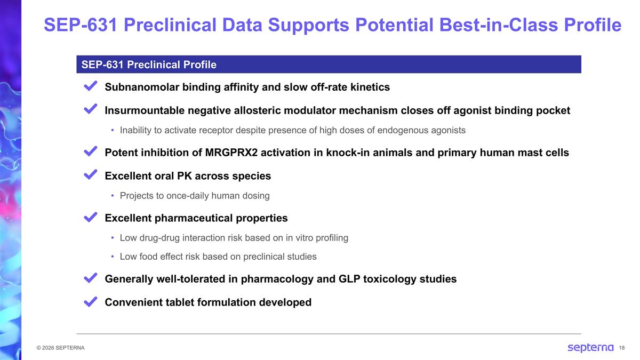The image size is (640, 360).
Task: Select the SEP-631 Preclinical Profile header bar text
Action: (149, 65)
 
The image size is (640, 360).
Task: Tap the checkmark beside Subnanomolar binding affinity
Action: (90, 86)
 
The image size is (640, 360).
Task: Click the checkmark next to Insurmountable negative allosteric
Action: (90, 109)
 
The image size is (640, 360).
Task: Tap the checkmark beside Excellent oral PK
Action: (90, 175)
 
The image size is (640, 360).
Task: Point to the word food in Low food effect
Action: (150, 257)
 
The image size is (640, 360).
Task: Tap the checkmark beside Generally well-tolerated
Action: (90, 278)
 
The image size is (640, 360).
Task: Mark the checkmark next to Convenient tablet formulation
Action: (90, 302)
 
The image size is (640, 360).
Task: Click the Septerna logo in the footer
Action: (590, 348)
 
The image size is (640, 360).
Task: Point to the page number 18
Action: (622, 348)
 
